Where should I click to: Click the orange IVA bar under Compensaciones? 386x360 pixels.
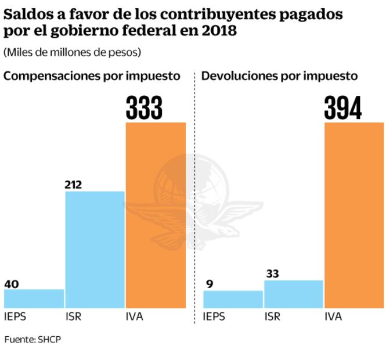pyautogui.click(x=156, y=215)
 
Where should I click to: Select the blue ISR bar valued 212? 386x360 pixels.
pyautogui.click(x=95, y=250)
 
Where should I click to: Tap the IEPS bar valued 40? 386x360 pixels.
pyautogui.click(x=34, y=298)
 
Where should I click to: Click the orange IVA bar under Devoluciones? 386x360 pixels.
pyautogui.click(x=354, y=215)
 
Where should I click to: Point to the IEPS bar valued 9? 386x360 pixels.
pyautogui.click(x=233, y=299)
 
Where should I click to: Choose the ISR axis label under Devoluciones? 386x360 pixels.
pyautogui.click(x=273, y=317)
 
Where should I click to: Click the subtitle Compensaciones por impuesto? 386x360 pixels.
pyautogui.click(x=92, y=76)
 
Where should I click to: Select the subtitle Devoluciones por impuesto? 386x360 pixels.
pyautogui.click(x=279, y=76)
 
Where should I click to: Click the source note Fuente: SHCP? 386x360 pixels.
pyautogui.click(x=33, y=339)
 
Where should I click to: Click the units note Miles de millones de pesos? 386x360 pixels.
pyautogui.click(x=73, y=52)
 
